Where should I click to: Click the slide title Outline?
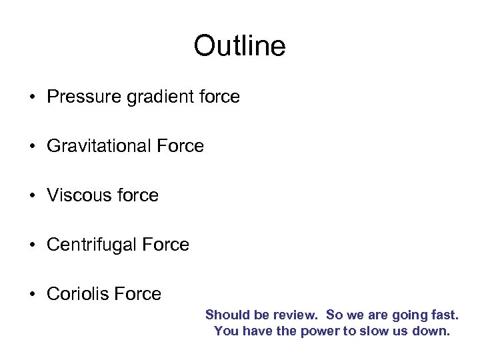click(x=239, y=46)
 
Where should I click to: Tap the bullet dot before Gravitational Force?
click(x=32, y=147)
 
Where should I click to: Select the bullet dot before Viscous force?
click(x=32, y=196)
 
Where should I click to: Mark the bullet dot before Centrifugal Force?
click(x=32, y=245)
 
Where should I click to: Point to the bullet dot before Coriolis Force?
click(x=32, y=295)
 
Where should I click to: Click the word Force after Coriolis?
click(x=139, y=294)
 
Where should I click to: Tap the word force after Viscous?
click(x=136, y=195)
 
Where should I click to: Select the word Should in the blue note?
click(x=225, y=315)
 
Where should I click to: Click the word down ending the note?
click(x=433, y=331)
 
